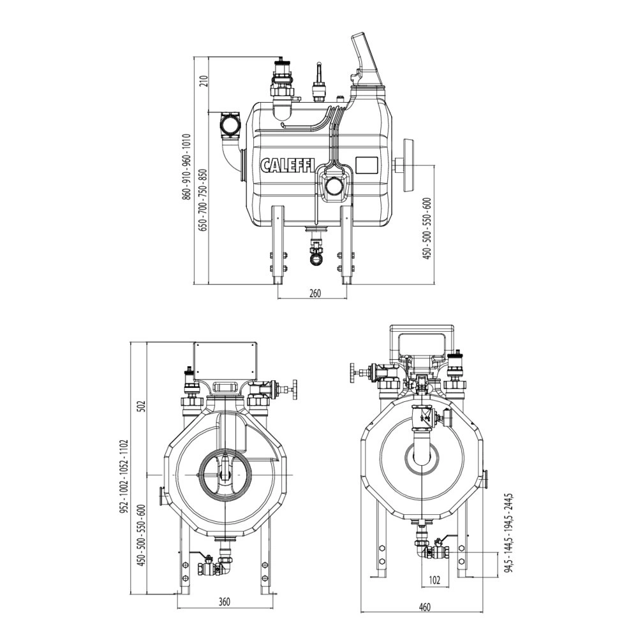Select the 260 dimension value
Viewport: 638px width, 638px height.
pyautogui.click(x=314, y=293)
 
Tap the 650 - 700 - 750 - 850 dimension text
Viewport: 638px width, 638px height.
pyautogui.click(x=204, y=200)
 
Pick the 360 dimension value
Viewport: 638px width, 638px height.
pyautogui.click(x=224, y=602)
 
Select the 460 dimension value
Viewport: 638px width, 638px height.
pyautogui.click(x=424, y=607)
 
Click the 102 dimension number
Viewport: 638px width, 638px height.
pyautogui.click(x=434, y=581)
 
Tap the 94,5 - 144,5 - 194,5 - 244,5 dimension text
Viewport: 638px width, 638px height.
pyautogui.click(x=508, y=533)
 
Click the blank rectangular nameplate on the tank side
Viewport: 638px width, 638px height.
pyautogui.click(x=368, y=165)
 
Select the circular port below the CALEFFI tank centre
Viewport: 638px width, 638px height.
pyautogui.click(x=334, y=186)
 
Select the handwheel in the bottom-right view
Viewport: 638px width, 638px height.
pyautogui.click(x=352, y=373)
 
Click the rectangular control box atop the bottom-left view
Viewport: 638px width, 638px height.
pyautogui.click(x=225, y=361)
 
